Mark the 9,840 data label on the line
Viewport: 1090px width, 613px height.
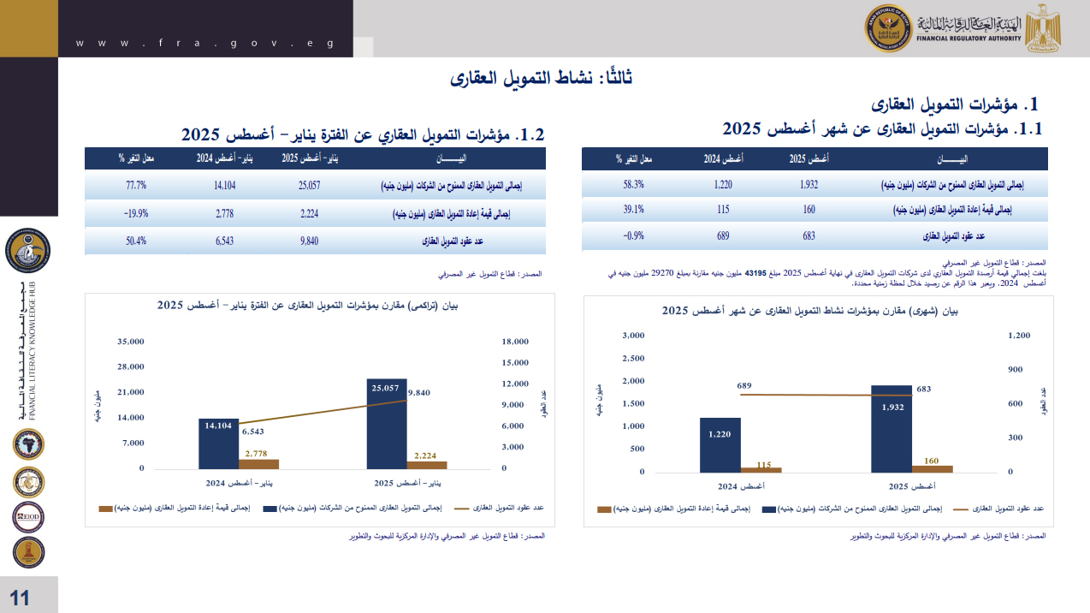pyautogui.click(x=419, y=392)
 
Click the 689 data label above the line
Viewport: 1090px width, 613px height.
pyautogui.click(x=743, y=386)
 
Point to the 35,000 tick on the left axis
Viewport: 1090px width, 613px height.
pyautogui.click(x=130, y=342)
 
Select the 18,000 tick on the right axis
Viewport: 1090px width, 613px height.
pyautogui.click(x=516, y=342)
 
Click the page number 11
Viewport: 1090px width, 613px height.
pyautogui.click(x=20, y=598)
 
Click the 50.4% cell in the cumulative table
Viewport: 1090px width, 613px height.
pyautogui.click(x=136, y=241)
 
